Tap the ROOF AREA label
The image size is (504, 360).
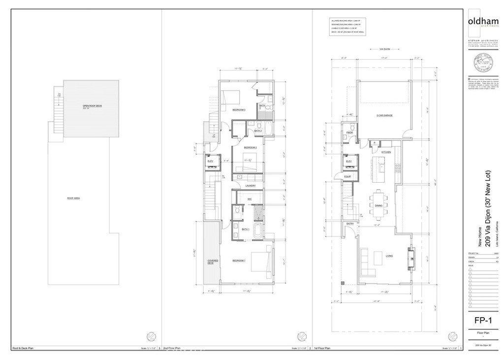point(73,198)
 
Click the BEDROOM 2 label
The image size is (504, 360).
point(250,147)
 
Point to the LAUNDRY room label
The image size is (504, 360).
point(250,186)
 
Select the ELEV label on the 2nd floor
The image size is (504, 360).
point(210,161)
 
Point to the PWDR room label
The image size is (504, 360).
point(350,132)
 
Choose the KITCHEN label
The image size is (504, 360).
point(386,152)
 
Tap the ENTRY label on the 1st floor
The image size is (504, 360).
point(350,224)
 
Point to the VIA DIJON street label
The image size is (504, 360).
point(378,49)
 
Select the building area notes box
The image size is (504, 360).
point(347,27)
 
